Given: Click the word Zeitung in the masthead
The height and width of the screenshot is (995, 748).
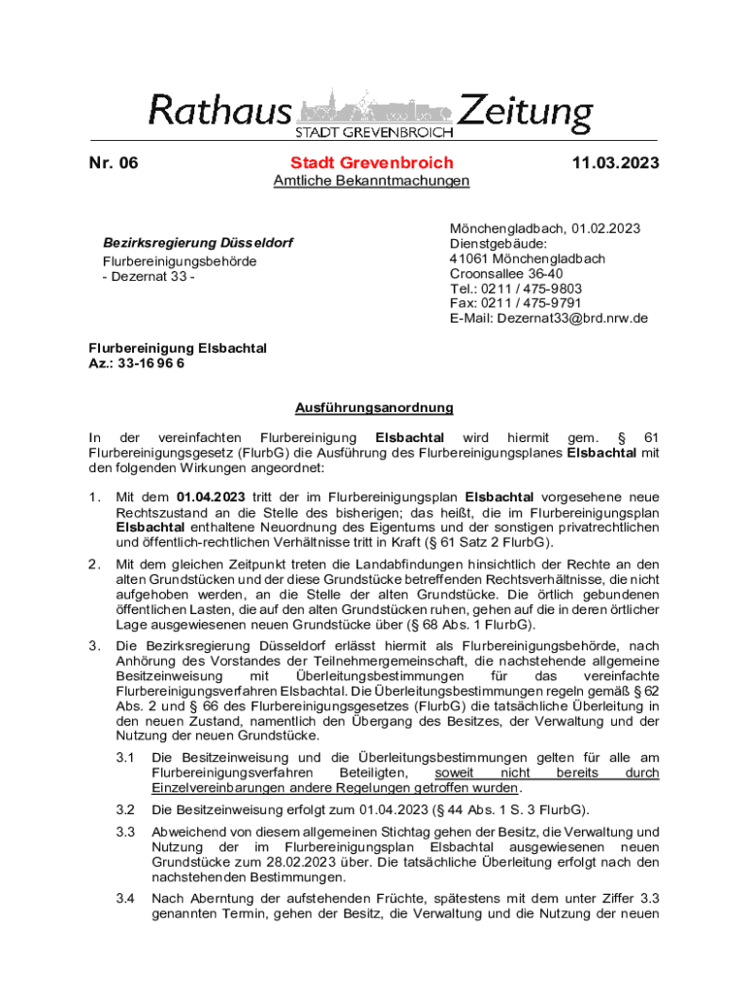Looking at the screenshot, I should [525, 113].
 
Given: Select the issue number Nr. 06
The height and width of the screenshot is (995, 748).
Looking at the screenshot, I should [113, 163].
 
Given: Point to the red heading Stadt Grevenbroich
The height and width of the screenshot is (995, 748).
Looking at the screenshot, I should [371, 163].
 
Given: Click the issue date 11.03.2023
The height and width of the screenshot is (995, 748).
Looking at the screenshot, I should [616, 163].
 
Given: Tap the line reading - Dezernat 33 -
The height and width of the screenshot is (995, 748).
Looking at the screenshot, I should [150, 278].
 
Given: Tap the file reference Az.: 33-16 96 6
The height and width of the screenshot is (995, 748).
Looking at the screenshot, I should [137, 362].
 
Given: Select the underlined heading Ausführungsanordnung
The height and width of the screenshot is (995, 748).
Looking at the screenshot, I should [374, 408].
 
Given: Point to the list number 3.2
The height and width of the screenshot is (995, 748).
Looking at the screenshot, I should [124, 809].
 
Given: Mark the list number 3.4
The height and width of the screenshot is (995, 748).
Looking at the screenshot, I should [124, 899].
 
